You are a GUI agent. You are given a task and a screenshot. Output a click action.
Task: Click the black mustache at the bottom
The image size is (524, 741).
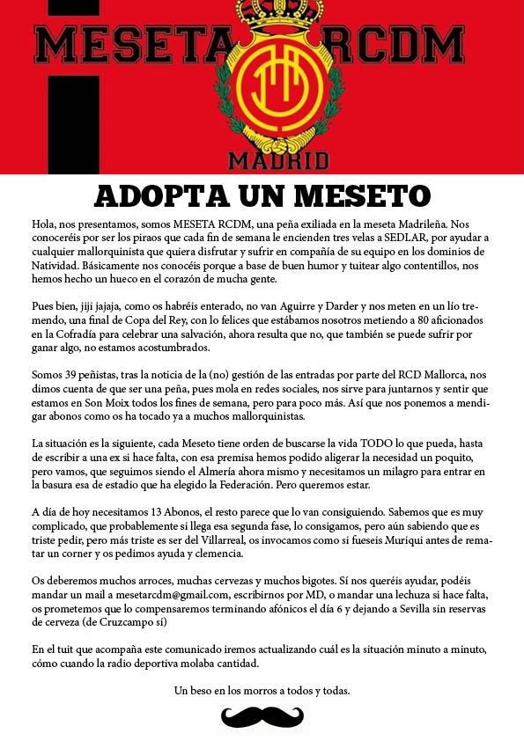pos(262,715)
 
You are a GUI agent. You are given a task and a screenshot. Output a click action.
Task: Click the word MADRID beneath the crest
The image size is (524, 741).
pos(278,159)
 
